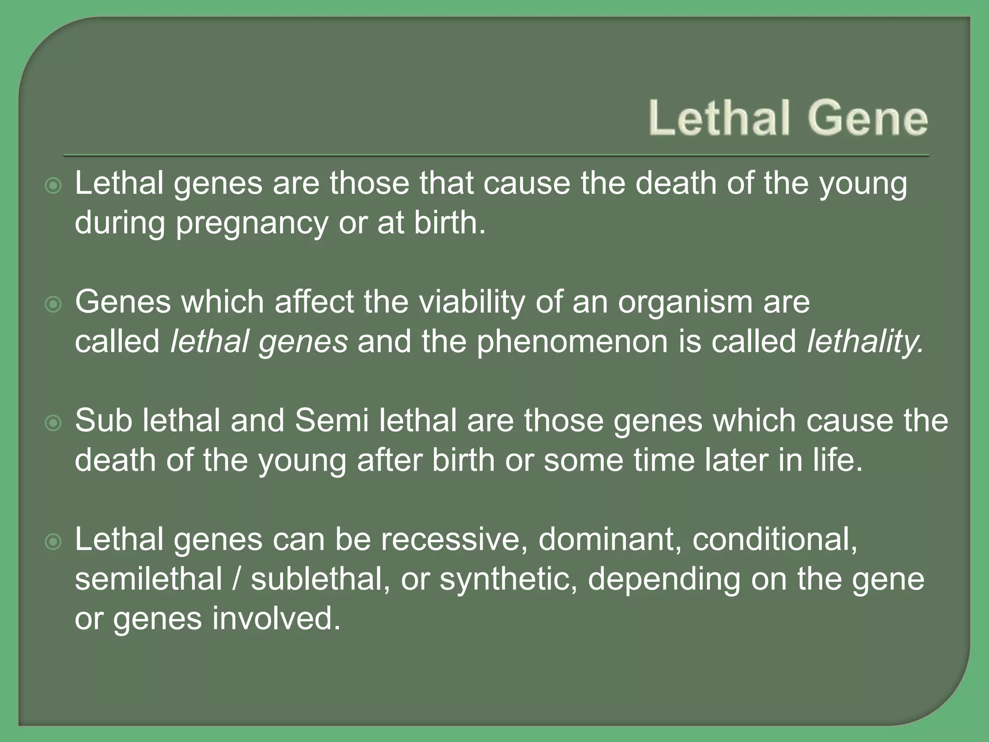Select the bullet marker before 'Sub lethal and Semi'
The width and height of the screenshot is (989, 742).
tap(53, 423)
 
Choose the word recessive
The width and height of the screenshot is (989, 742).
tap(453, 540)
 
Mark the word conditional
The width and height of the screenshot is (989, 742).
tap(775, 540)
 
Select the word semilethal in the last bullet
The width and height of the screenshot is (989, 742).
tap(148, 579)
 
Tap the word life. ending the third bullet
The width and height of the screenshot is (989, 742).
tap(837, 460)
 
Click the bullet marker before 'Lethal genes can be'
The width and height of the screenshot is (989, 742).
tap(53, 542)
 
